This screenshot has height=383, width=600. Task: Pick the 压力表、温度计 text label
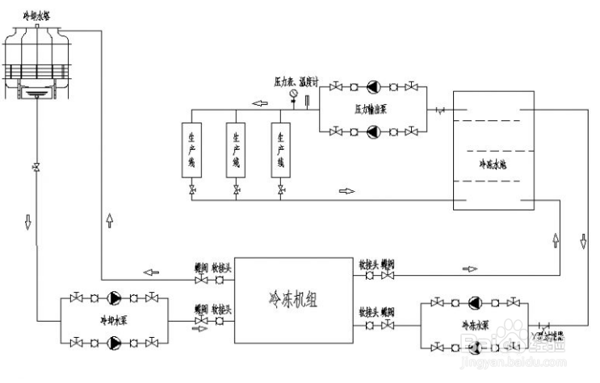tap(296, 82)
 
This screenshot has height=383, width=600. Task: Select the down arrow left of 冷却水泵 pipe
tap(27, 221)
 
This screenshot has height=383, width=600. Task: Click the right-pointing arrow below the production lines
tap(346, 192)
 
